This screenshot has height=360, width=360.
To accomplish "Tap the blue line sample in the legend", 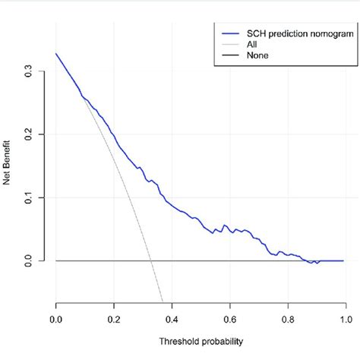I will click(x=230, y=33).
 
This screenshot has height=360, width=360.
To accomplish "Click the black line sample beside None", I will click(x=230, y=55).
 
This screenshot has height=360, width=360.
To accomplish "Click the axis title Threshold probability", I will click(x=201, y=342).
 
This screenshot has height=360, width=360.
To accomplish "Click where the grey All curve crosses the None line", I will click(x=150, y=261).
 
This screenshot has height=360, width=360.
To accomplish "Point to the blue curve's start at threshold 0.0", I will click(x=56, y=54).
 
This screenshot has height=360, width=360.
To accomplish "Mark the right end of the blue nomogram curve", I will click(x=343, y=261).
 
